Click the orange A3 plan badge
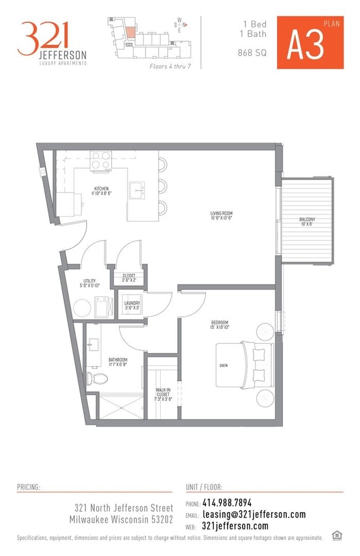(x=310, y=43)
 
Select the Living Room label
(x=220, y=214)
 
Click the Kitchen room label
(x=101, y=191)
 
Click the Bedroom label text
(x=220, y=325)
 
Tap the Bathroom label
(x=118, y=362)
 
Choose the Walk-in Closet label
(x=164, y=394)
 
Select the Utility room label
(x=90, y=284)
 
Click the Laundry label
(x=132, y=306)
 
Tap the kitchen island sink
(x=136, y=191)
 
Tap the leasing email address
(x=254, y=514)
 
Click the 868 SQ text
(x=253, y=53)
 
